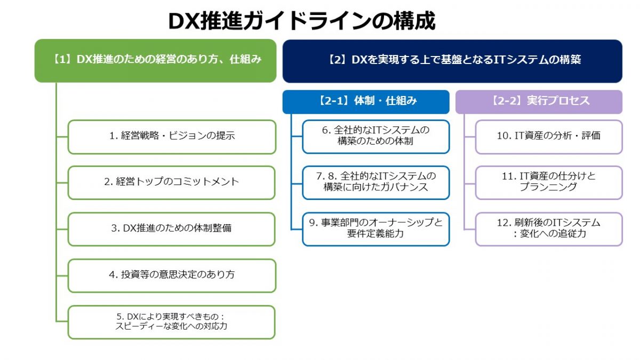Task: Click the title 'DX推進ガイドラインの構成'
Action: pyautogui.click(x=302, y=21)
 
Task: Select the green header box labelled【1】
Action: pyautogui.click(x=156, y=60)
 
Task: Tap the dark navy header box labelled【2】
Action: pyautogui.click(x=452, y=60)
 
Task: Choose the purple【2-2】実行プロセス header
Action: pyautogui.click(x=539, y=101)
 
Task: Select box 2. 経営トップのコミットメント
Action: pyautogui.click(x=172, y=182)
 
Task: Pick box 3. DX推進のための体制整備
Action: pyautogui.click(x=172, y=229)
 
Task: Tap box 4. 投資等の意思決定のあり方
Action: pyautogui.click(x=172, y=275)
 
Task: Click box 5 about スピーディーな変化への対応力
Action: pyautogui.click(x=172, y=322)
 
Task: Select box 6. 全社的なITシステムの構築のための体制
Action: pyautogui.click(x=375, y=137)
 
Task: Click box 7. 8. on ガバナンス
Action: pyautogui.click(x=375, y=182)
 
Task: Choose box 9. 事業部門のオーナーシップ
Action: pyautogui.click(x=375, y=229)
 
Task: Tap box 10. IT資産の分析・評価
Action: pyautogui.click(x=548, y=137)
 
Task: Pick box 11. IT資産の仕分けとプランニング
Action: pyautogui.click(x=548, y=182)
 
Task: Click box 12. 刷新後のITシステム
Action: pyautogui.click(x=548, y=229)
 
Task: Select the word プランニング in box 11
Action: pyautogui.click(x=548, y=188)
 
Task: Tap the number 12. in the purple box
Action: pyautogui.click(x=504, y=223)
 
